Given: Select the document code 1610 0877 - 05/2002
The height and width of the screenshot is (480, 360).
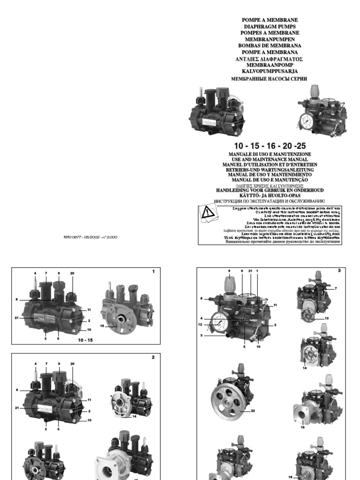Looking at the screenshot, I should (x=90, y=237).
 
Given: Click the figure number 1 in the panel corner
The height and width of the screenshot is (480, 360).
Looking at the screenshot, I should (x=153, y=271).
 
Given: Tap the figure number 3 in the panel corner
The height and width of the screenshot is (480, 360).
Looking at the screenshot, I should (x=338, y=270).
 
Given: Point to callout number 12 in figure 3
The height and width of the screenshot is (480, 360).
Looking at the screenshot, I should (x=200, y=324).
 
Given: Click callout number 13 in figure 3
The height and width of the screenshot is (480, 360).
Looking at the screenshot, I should (x=327, y=318).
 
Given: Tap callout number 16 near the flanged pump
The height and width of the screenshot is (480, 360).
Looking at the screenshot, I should (x=302, y=427).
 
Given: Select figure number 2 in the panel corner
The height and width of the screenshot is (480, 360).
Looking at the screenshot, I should (x=153, y=357).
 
